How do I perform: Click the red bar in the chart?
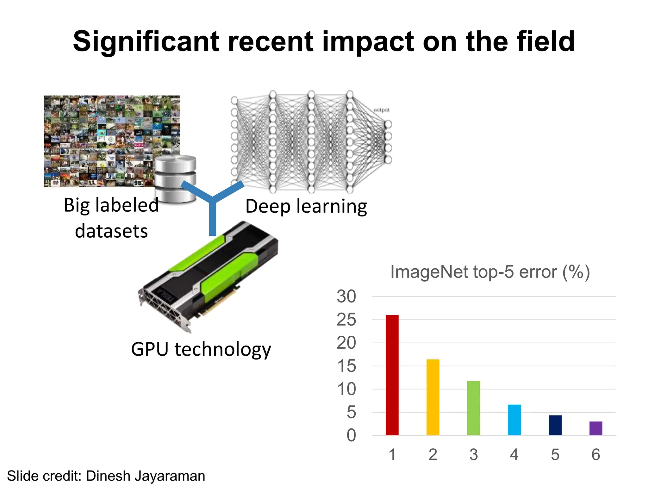pyautogui.click(x=392, y=375)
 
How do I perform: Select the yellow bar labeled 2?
pyautogui.click(x=433, y=397)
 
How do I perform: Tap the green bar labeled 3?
pyautogui.click(x=473, y=408)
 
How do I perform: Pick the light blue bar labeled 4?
pyautogui.click(x=514, y=420)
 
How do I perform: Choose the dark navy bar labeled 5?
pyautogui.click(x=555, y=425)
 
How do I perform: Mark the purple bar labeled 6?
pyautogui.click(x=596, y=428)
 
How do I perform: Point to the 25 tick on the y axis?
pyautogui.click(x=346, y=320)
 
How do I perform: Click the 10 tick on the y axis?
pyautogui.click(x=346, y=389)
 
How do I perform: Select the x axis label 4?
pyautogui.click(x=514, y=455)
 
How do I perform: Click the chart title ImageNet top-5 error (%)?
pyautogui.click(x=490, y=272)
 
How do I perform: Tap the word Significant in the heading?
pyautogui.click(x=146, y=42)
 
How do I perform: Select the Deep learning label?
pyautogui.click(x=306, y=206)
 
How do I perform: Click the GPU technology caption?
pyautogui.click(x=201, y=350)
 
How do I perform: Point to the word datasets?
pyautogui.click(x=111, y=231)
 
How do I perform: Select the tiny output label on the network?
pyautogui.click(x=382, y=110)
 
